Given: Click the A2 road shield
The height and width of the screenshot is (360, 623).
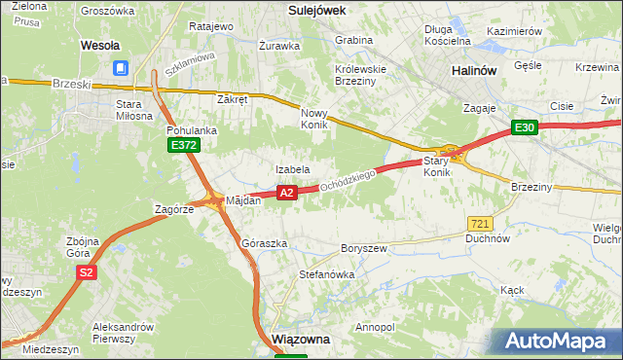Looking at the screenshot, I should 286,193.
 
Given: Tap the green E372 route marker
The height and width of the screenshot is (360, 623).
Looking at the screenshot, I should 183,145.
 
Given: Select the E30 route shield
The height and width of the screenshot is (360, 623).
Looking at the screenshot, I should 525,127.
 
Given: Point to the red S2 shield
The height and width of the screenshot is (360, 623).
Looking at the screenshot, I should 87,272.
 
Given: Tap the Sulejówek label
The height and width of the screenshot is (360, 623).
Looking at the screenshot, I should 319,9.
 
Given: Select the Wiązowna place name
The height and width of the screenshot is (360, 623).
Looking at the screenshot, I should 302,340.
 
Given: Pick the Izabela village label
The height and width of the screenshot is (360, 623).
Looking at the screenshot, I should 292,169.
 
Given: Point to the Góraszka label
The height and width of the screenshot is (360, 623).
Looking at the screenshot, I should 264,243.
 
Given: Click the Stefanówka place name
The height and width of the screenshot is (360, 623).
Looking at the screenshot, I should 326,274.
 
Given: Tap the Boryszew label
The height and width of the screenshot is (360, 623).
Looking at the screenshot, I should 364,248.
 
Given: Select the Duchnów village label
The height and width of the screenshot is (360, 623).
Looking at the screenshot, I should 488,237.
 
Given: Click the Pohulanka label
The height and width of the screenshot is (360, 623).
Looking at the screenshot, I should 192,129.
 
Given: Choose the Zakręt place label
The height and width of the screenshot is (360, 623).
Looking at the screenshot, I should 234,99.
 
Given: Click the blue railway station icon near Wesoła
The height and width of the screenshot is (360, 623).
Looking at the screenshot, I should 121,68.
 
